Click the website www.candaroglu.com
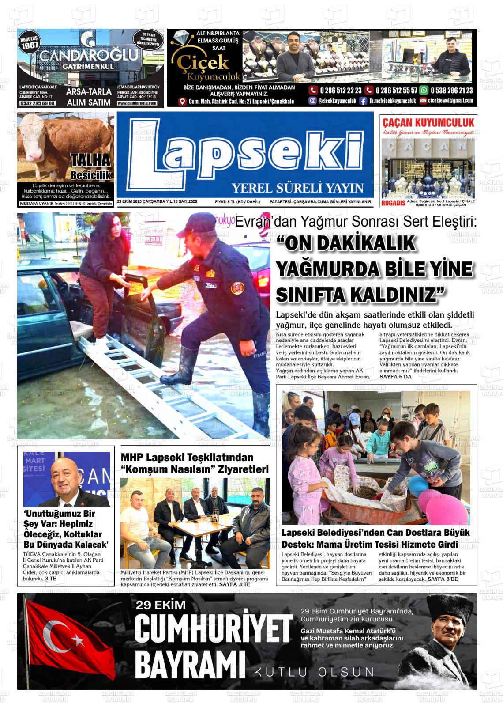tap(137, 103)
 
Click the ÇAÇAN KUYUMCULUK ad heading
tap(428, 122)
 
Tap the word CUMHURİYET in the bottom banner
tap(213, 629)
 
